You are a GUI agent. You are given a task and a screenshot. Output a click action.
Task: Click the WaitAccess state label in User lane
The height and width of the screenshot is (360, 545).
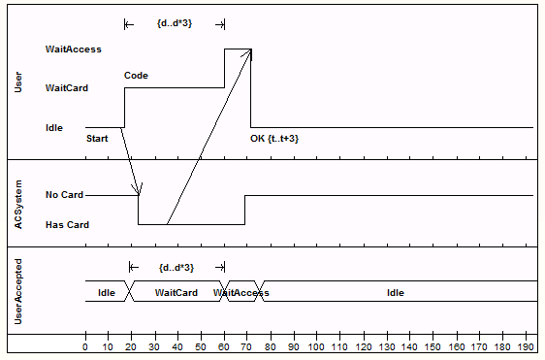(x=73, y=49)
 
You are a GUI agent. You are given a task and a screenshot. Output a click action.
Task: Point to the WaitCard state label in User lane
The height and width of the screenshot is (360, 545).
(x=67, y=88)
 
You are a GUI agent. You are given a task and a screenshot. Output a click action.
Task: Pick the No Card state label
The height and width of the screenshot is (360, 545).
(x=65, y=195)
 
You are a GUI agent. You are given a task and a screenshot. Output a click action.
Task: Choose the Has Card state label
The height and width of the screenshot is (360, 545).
(x=67, y=225)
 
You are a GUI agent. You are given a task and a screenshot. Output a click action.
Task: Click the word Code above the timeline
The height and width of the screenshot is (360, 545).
(x=136, y=75)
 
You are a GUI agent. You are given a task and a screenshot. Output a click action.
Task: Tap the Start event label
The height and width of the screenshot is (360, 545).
(x=97, y=139)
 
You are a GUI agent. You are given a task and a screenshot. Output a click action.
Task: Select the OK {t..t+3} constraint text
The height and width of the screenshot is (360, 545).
(x=274, y=139)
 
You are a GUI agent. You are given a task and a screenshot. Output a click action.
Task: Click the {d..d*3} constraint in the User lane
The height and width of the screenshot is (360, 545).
(x=175, y=22)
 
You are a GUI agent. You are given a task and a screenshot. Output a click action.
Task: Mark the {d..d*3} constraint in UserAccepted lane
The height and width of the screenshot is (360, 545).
(x=177, y=268)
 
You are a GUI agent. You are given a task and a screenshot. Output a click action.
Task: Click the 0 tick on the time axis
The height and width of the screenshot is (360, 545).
(x=85, y=346)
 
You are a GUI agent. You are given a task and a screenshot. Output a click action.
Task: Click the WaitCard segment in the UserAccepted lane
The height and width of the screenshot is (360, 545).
(x=176, y=293)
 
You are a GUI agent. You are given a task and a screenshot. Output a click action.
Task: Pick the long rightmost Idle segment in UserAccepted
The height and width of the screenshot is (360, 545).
(x=396, y=293)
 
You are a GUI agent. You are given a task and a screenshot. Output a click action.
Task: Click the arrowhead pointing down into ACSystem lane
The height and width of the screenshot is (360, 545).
(x=139, y=190)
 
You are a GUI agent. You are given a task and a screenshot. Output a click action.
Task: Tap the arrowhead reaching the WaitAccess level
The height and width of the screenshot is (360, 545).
(x=249, y=52)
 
